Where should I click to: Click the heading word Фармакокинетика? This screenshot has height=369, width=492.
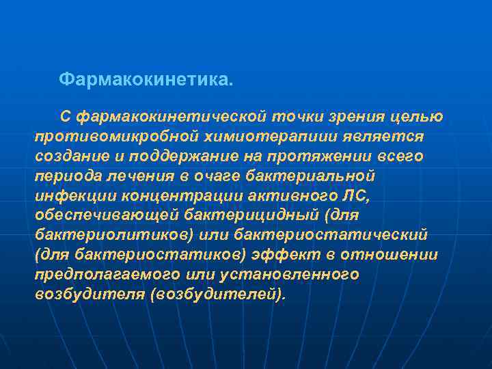tap(146, 80)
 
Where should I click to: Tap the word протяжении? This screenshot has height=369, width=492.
tap(314, 156)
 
